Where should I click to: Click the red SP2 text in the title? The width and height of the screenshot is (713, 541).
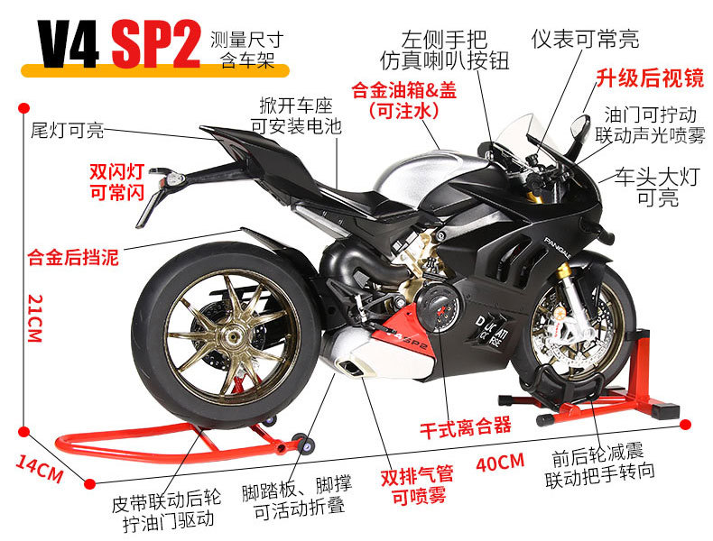coord(155,46)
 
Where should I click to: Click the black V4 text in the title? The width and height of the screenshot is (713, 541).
coord(67,46)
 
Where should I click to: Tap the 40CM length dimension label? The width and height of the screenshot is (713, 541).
coord(499,462)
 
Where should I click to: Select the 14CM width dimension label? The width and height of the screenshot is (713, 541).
coord(39,468)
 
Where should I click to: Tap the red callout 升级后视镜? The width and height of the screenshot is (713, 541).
coord(649,78)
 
